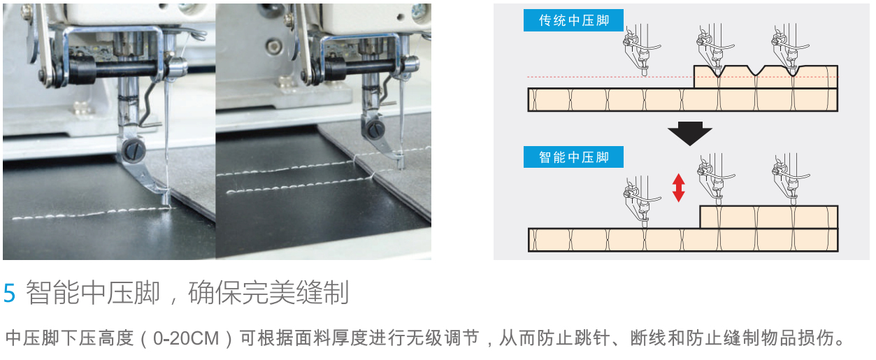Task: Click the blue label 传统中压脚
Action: click(x=573, y=20)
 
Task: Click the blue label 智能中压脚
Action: click(x=573, y=157)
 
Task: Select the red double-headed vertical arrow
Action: click(x=679, y=187)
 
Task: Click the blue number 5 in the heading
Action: click(x=9, y=293)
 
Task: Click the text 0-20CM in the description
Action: click(x=186, y=338)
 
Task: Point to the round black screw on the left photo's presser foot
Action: click(x=134, y=150)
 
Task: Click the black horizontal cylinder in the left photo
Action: click(x=113, y=70)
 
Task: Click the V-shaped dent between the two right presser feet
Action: click(x=756, y=71)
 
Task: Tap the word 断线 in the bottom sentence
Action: click(x=648, y=338)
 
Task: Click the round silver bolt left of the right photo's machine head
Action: click(x=274, y=47)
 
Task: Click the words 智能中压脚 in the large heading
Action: click(x=93, y=292)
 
